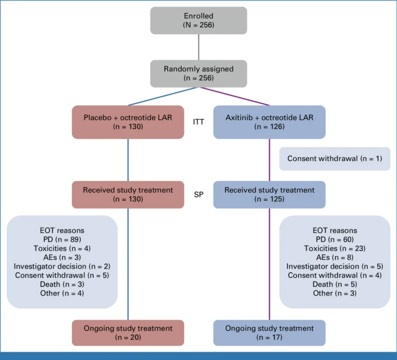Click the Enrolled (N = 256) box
(198, 20)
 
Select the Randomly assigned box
(198, 73)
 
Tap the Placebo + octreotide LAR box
(128, 122)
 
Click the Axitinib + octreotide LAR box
(269, 122)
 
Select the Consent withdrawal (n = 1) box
(334, 159)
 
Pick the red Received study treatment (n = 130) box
(128, 194)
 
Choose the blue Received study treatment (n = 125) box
(269, 194)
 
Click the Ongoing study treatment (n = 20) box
(128, 333)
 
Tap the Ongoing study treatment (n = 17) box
(269, 333)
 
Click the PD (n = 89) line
(62, 239)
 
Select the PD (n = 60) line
(334, 239)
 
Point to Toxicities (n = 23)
(334, 248)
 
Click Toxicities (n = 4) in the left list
(62, 248)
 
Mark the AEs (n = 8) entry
(334, 257)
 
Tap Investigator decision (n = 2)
(62, 266)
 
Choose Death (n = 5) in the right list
(334, 285)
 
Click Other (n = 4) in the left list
(62, 293)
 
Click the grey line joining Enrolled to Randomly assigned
(198, 48)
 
